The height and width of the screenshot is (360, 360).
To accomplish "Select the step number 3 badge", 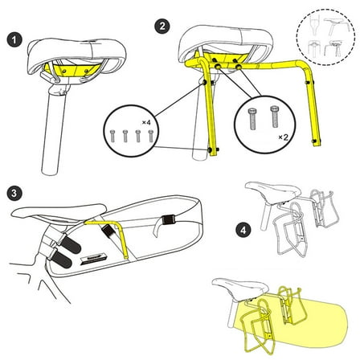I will [14, 193].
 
